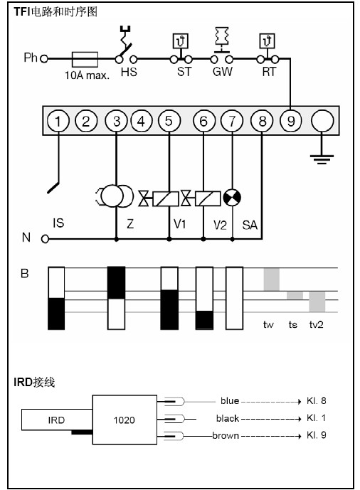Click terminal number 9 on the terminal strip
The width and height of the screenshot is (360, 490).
pyautogui.click(x=290, y=121)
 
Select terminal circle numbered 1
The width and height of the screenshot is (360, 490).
pyautogui.click(x=58, y=121)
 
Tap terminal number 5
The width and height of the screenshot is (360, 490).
pyautogui.click(x=169, y=121)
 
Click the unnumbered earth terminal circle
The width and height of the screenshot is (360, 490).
pyautogui.click(x=322, y=121)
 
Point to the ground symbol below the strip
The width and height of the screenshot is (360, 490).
pyautogui.click(x=322, y=159)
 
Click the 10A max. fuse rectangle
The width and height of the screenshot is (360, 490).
pyautogui.click(x=85, y=59)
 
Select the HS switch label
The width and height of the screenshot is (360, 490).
pyautogui.click(x=129, y=73)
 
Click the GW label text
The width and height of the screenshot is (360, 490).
pyautogui.click(x=223, y=72)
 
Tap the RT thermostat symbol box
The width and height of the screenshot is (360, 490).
pyautogui.click(x=268, y=41)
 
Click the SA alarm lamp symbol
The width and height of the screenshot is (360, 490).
pyautogui.click(x=232, y=198)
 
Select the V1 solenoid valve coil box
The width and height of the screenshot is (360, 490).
pyautogui.click(x=166, y=198)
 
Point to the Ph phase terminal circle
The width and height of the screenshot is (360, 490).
pyautogui.click(x=44, y=59)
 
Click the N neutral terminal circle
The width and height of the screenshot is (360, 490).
pyautogui.click(x=46, y=240)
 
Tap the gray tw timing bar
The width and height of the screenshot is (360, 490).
pyautogui.click(x=272, y=279)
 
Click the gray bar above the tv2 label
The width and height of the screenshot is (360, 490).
pyautogui.click(x=317, y=302)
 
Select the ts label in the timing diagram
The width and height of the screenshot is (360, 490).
pyautogui.click(x=293, y=325)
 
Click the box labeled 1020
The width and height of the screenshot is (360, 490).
pyautogui.click(x=125, y=420)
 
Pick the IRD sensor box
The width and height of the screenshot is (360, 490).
pyautogui.click(x=57, y=420)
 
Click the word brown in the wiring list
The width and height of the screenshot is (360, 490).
pyautogui.click(x=226, y=436)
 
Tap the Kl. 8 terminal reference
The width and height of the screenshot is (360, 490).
pyautogui.click(x=317, y=401)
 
